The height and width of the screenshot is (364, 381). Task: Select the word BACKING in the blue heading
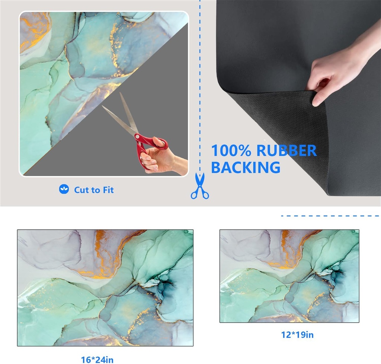point(246,167)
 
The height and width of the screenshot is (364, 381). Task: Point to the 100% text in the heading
point(231,150)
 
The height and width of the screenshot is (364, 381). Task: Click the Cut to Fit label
point(94,190)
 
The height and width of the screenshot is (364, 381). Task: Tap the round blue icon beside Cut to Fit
point(64,189)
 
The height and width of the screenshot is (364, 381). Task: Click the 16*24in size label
point(97,360)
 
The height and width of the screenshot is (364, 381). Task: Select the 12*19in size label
point(297,335)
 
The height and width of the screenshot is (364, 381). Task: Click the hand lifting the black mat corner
point(335,71)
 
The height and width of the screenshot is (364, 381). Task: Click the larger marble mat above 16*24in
point(105,287)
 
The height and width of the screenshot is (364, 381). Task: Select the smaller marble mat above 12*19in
point(289,276)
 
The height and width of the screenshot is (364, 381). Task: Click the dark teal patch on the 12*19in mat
point(337,277)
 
